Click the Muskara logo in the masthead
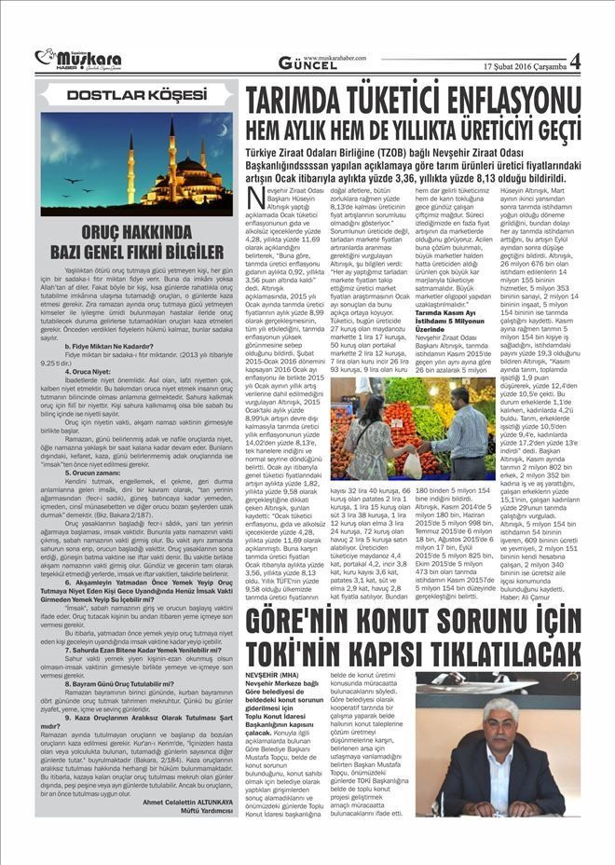point(68,60)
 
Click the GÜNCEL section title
point(307,63)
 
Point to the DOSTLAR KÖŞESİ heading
point(136,95)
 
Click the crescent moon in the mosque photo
point(222,130)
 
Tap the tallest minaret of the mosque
point(171,149)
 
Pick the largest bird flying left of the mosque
point(73,180)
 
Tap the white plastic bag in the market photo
point(412,463)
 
